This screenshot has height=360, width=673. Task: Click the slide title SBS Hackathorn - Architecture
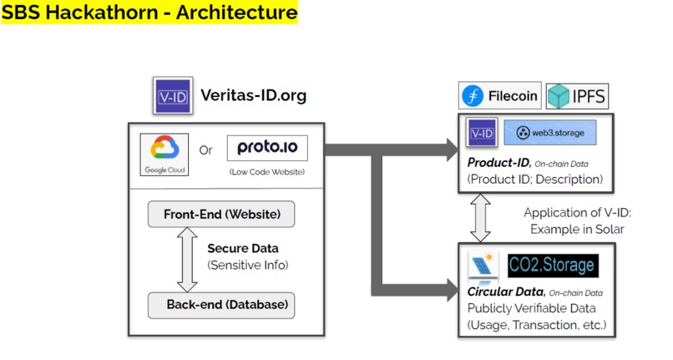[149, 13]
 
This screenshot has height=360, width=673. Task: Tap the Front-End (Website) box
[221, 215]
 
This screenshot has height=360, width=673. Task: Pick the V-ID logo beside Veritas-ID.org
[173, 95]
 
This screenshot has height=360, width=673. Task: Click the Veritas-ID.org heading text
[253, 95]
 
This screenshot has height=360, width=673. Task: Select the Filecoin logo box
[500, 96]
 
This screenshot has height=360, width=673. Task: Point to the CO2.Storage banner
[553, 266]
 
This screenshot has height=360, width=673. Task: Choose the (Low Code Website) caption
[266, 172]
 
